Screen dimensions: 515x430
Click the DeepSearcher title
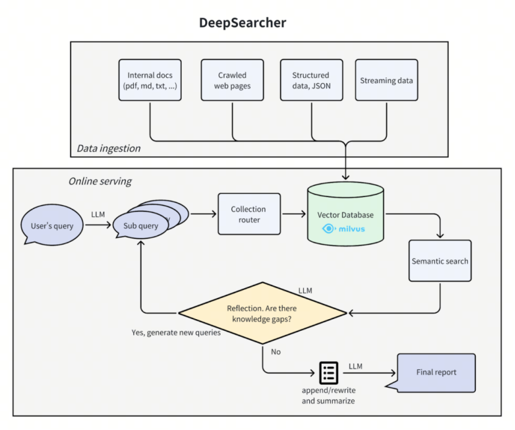[x=243, y=23]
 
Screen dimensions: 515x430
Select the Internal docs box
[x=150, y=80]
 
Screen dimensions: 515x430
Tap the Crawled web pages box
[x=232, y=80]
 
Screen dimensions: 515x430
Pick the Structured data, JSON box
[x=311, y=80]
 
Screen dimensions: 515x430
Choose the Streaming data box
[x=387, y=80]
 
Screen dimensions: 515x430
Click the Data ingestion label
[x=108, y=149]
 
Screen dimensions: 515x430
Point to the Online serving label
[x=100, y=182]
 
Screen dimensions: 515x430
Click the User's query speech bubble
[x=52, y=225]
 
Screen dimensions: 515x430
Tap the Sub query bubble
[x=141, y=226]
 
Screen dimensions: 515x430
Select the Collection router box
[x=249, y=214]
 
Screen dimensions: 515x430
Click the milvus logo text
[x=351, y=229]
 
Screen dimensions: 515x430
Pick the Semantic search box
[x=440, y=261]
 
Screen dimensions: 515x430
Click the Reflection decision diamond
[x=262, y=313]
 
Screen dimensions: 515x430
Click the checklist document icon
[x=329, y=373]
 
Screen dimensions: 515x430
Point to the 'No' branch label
[x=276, y=352]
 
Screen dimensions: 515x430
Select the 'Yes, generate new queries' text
[x=176, y=333]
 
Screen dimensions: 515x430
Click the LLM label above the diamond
[x=305, y=291]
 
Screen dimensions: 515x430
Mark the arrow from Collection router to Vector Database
[x=294, y=214]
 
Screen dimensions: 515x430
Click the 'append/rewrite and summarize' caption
[x=328, y=395]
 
